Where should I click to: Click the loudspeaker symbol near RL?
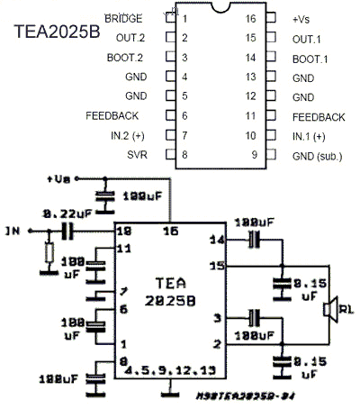[x=330, y=311]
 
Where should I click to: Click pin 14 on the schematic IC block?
[x=216, y=241]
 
